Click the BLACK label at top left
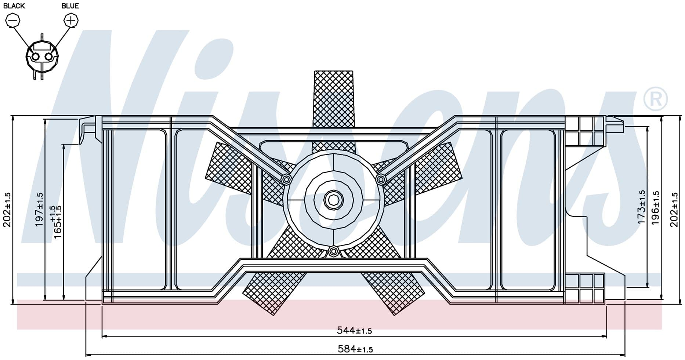(14, 6)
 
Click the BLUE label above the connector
(70, 6)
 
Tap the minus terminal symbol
(13, 20)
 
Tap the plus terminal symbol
(71, 20)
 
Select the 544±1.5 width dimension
(354, 331)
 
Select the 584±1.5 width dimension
(355, 349)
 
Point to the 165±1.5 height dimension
(55, 222)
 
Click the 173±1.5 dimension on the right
(641, 207)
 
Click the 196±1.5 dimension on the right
(655, 208)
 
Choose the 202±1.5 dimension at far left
(7, 210)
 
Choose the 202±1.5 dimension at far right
(674, 210)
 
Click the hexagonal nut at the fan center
(333, 200)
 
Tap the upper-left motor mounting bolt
(286, 179)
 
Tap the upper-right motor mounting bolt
(381, 179)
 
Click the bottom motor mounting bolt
(333, 251)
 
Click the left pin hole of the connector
(36, 57)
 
